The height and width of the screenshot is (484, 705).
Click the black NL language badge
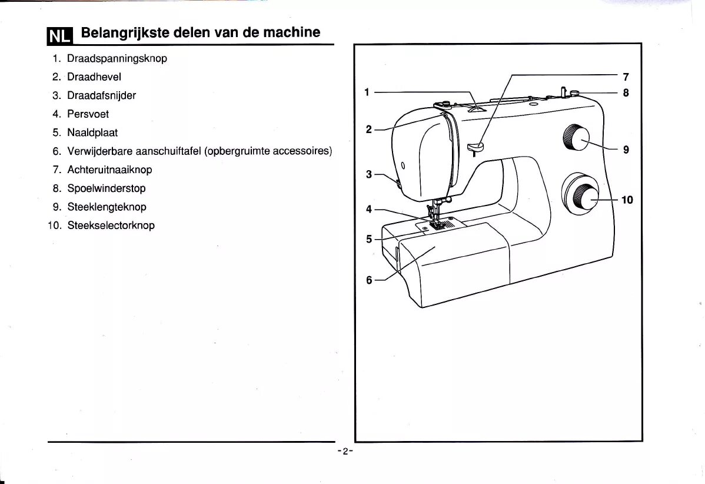coord(59,36)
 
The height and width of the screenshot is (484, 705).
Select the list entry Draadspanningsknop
coord(117,58)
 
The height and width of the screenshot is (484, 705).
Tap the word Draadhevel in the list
coord(94,77)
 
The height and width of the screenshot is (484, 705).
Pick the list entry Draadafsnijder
coord(102,95)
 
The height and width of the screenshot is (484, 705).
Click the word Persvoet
coord(88,114)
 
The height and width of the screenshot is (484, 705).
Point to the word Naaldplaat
coord(92,132)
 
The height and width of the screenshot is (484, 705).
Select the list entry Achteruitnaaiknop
coord(109,170)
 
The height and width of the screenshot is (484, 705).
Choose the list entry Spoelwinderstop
coord(107,188)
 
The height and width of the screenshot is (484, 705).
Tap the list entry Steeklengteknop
coord(107,207)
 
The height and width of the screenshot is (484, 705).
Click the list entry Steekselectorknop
coord(111,225)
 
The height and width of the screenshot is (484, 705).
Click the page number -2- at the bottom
coord(345,451)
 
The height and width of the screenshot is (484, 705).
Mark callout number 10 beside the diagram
coord(627,200)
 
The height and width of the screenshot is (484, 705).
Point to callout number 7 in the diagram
coord(626,77)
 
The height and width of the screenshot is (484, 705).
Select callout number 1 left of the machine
coord(367,92)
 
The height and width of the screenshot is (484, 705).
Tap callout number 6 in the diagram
coord(369,280)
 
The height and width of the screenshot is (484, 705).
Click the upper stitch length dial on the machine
coord(576,139)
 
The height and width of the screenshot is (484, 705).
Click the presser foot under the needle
coord(437,223)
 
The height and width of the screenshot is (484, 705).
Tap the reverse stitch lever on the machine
coord(475,146)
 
